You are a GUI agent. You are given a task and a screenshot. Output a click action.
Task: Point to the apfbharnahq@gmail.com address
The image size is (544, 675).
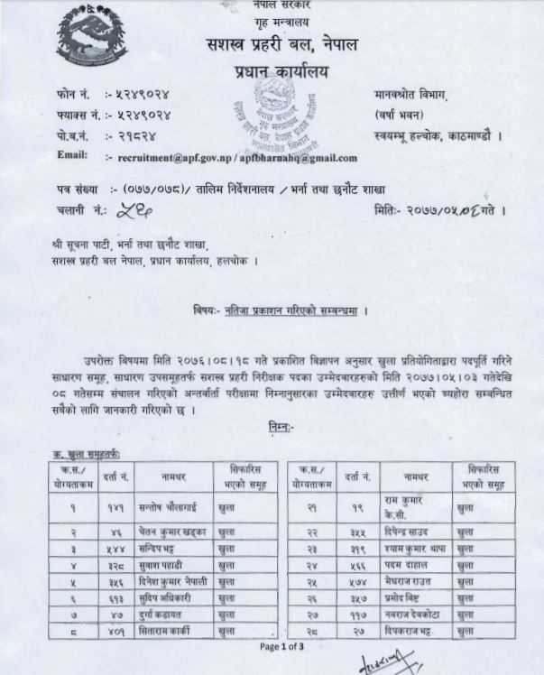[x=299, y=157]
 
